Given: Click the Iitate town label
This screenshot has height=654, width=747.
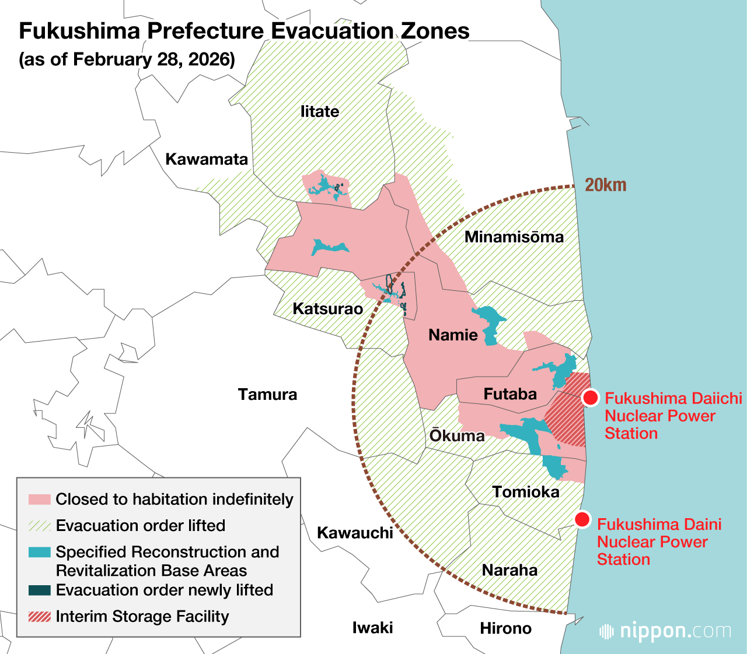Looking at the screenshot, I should point(320,111).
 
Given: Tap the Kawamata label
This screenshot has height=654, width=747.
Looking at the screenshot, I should point(207,159).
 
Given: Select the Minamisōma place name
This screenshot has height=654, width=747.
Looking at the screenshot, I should point(514,237).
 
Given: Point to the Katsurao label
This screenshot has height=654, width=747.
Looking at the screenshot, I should point(327,308).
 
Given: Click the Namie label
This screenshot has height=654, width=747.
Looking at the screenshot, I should point(453,335).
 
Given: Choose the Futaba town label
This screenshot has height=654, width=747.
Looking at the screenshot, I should point(510,394).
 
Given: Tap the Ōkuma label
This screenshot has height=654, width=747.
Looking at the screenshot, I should point(457,435).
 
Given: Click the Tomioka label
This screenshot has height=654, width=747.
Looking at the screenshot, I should point(525,492).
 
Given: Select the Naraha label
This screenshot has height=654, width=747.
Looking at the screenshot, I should point(509,569).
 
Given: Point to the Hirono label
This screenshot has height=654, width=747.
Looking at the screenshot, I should point(505,628).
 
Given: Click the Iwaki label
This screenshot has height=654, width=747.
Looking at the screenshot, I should point(372,628).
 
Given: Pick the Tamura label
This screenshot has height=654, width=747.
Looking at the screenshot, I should point(267,395).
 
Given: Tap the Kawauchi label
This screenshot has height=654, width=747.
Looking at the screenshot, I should point(355,533).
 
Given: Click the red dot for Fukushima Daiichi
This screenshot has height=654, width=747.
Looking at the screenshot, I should point(591,398).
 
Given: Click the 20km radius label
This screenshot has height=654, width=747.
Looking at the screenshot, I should point(605,185).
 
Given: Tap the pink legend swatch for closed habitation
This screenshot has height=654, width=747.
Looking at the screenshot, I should point(40,500).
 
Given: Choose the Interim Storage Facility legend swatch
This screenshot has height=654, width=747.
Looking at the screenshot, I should point(40,617).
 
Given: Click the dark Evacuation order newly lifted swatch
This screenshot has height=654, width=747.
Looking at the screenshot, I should point(40,590).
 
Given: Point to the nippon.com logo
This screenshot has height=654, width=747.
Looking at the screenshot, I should point(665,631).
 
